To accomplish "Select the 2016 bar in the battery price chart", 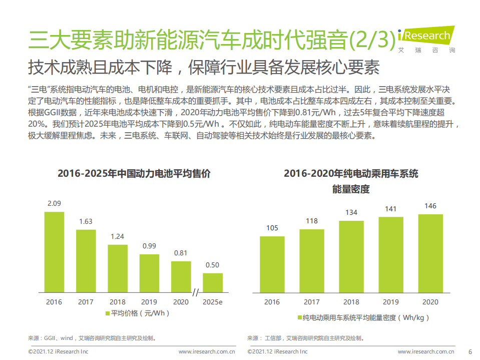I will [54, 252].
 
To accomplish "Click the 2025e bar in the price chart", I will [213, 282].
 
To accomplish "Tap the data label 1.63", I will [86, 221].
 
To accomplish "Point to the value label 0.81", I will [181, 253].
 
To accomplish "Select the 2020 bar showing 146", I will [430, 253].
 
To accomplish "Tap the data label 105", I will [272, 228].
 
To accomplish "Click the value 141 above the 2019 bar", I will [390, 209].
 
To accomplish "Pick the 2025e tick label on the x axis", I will [213, 302].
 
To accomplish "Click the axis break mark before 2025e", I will [196, 292].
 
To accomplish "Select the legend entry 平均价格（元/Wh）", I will [138, 313].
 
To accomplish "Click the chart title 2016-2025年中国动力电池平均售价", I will [134, 174].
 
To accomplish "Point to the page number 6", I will [470, 351].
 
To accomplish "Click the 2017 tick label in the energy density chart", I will [311, 302].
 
